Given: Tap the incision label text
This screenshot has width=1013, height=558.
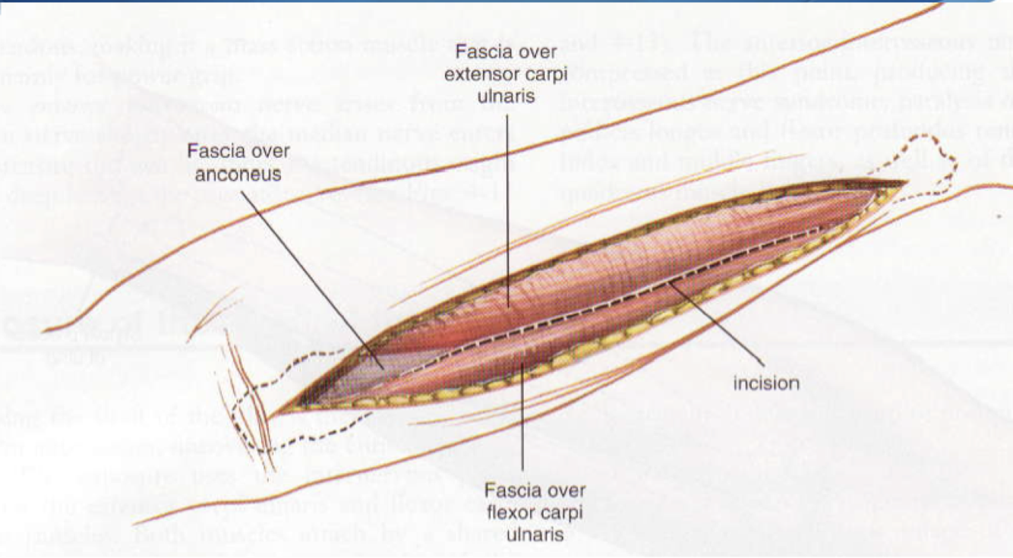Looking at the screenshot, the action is pos(766,383).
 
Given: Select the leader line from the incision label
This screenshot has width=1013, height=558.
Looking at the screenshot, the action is pos(714,318).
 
